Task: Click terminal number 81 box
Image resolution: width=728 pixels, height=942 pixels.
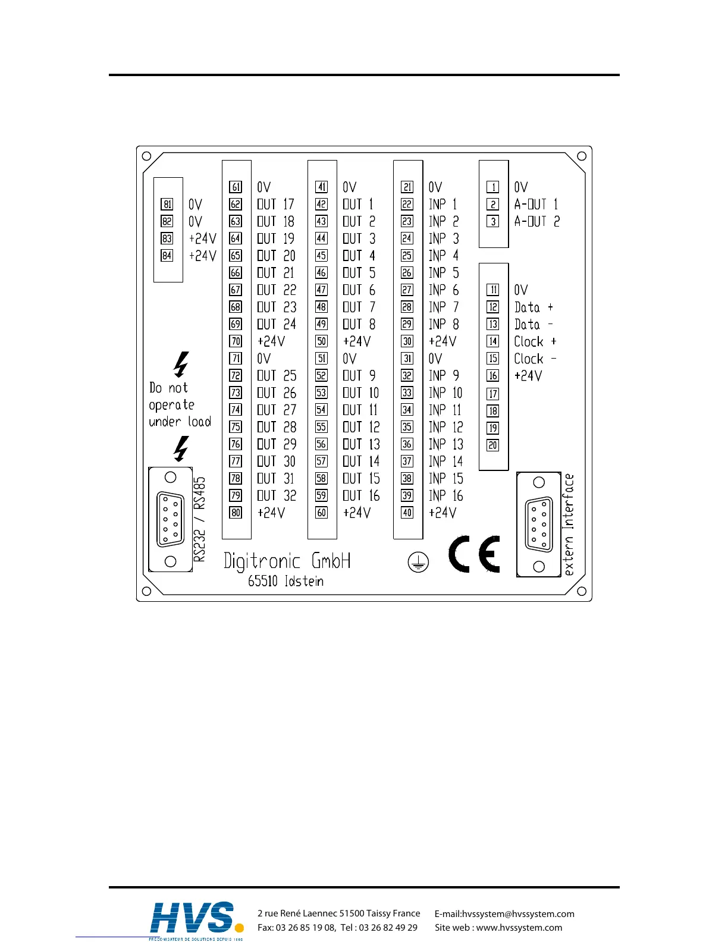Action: point(167,205)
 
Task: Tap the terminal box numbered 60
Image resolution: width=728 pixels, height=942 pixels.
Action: point(322,513)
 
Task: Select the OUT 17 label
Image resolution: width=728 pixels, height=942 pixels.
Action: point(276,205)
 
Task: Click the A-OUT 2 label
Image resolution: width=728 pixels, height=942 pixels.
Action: point(537,222)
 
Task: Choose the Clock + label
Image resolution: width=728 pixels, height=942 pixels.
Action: point(535,342)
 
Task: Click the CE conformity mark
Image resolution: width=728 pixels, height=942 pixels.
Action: point(474,554)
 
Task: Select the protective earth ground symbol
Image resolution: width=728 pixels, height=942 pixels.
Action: point(419,562)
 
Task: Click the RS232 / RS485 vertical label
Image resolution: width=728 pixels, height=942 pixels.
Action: point(200,519)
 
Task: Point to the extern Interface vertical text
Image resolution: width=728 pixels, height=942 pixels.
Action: point(569,525)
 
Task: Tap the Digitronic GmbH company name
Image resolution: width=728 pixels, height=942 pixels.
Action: point(287,561)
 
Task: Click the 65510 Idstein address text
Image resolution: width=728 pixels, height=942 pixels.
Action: point(286,581)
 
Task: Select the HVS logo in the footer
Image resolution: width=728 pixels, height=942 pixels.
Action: point(196,919)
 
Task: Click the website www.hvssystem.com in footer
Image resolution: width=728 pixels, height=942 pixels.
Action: point(519,928)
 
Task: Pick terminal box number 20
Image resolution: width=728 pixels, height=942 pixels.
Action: point(493,445)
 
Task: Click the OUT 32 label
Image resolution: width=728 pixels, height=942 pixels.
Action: point(277,496)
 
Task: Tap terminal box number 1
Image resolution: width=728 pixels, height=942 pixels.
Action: point(493,187)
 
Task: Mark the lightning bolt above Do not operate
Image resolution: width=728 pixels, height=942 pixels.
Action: point(181,364)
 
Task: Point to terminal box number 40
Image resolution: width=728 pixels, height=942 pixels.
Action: point(407,513)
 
